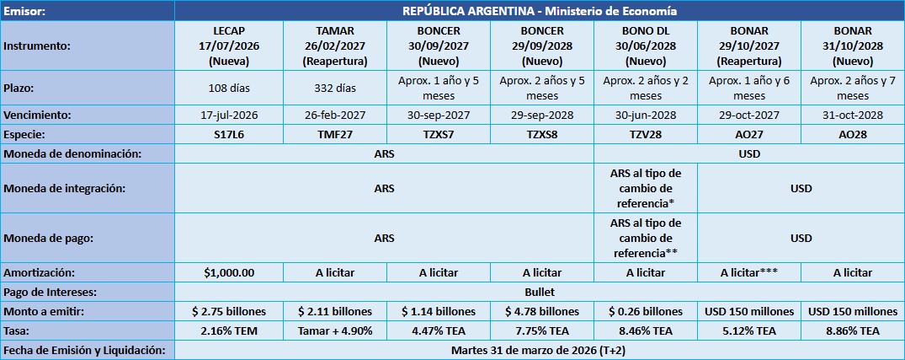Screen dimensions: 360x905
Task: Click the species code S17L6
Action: pyautogui.click(x=229, y=134)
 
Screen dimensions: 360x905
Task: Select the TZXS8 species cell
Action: pyautogui.click(x=542, y=134)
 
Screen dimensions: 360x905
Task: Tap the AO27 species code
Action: pyautogui.click(x=748, y=134)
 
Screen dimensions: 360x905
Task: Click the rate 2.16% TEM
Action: pyautogui.click(x=229, y=330)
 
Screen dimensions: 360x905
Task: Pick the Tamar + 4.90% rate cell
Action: pyautogui.click(x=334, y=330)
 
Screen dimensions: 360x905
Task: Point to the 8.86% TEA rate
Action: pyautogui.click(x=853, y=330)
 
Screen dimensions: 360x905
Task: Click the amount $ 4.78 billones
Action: pyautogui.click(x=542, y=311)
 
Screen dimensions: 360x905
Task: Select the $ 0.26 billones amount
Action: pyautogui.click(x=646, y=311)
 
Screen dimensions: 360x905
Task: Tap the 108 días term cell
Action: pyautogui.click(x=229, y=87)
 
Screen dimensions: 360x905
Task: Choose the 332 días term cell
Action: pyautogui.click(x=334, y=87)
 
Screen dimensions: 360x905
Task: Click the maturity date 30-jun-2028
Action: pyautogui.click(x=646, y=115)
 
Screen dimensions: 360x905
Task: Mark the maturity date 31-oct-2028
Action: pyautogui.click(x=853, y=115)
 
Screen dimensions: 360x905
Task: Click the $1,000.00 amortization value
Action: pyautogui.click(x=229, y=272)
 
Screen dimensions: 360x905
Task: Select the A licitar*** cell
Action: pyautogui.click(x=748, y=272)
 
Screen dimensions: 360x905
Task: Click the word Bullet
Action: pyautogui.click(x=539, y=292)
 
